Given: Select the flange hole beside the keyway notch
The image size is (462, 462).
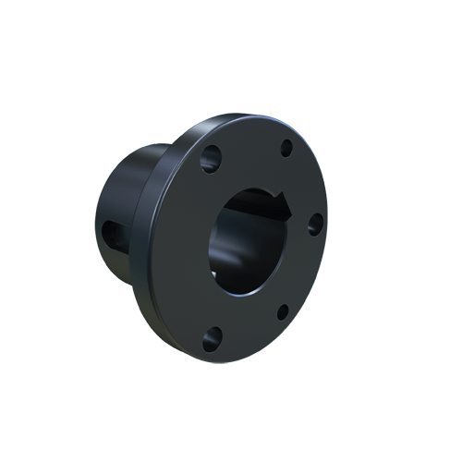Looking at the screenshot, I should click(314, 223).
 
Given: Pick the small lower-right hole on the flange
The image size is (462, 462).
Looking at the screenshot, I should click(283, 311).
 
